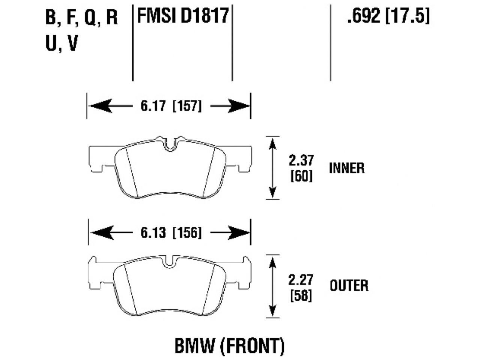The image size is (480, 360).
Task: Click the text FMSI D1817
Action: tap(183, 16)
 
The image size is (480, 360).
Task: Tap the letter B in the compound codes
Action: tap(50, 18)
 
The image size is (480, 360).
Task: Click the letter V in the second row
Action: tap(72, 43)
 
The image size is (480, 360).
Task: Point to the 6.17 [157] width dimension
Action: tap(171, 106)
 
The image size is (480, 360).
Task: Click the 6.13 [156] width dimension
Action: tap(171, 233)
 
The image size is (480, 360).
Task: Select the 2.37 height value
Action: tap(301, 160)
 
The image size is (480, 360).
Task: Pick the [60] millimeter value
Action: tap(301, 176)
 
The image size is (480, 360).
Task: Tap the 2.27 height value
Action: tap(301, 280)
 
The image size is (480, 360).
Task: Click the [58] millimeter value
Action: tap(301, 295)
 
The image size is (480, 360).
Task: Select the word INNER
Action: tap(347, 168)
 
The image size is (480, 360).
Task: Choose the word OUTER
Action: tap(349, 286)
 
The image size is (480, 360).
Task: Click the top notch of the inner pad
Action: tap(171, 144)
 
